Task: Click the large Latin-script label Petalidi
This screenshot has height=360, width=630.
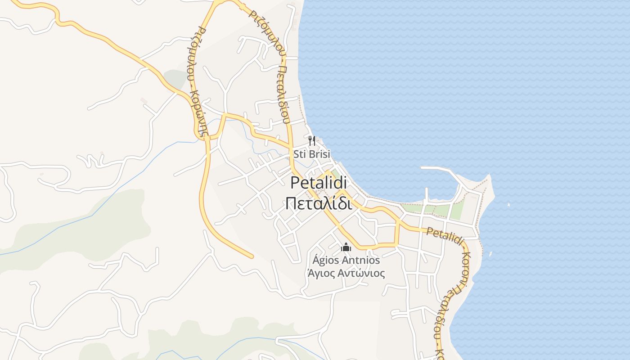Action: (319, 183)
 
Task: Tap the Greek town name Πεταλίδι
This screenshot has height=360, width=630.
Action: (319, 203)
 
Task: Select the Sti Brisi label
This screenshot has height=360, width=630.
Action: (311, 154)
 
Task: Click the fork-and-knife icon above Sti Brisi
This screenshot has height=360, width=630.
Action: (312, 141)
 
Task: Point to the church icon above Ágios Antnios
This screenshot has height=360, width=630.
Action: (346, 247)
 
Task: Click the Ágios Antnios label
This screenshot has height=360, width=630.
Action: (346, 260)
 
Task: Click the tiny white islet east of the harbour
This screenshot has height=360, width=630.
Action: (508, 205)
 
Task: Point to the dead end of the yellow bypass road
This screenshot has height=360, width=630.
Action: (251, 256)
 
